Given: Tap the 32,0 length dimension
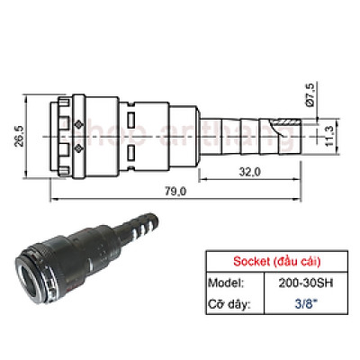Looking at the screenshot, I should pyautogui.click(x=249, y=170).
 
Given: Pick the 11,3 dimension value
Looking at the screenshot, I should pyautogui.click(x=331, y=135).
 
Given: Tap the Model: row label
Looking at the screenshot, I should pyautogui.click(x=228, y=283).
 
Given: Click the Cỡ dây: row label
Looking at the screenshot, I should pyautogui.click(x=230, y=304).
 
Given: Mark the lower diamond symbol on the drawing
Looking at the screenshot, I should pyautogui.click(x=79, y=146).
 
